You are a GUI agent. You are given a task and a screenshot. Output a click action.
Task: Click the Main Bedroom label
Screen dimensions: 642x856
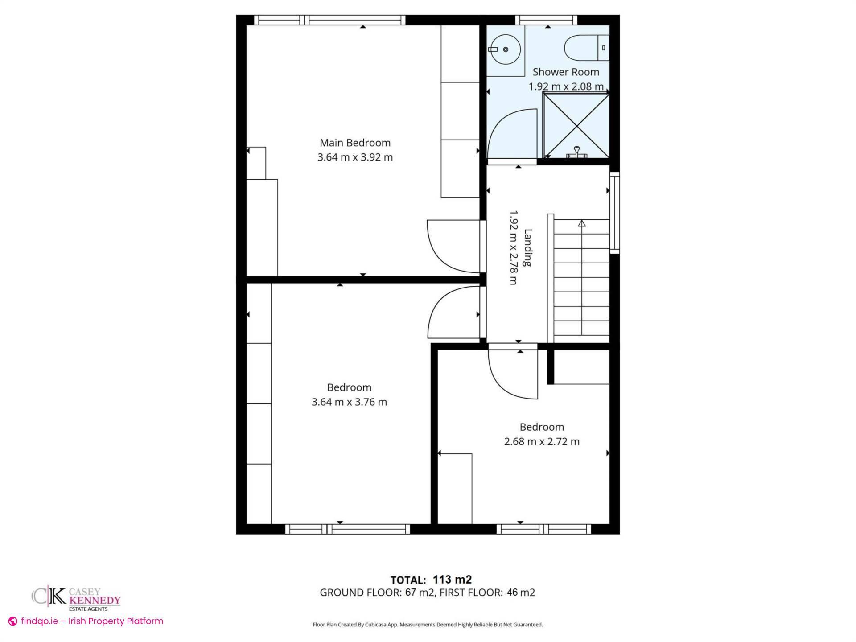click(355, 143)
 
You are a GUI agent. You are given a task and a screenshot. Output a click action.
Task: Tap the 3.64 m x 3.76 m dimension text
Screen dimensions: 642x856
click(349, 402)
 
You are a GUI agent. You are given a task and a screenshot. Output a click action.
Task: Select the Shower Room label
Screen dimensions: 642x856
click(566, 72)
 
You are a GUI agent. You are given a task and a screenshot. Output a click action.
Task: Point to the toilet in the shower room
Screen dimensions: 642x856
click(584, 48)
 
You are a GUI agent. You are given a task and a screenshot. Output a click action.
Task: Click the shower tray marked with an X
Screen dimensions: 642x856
click(576, 126)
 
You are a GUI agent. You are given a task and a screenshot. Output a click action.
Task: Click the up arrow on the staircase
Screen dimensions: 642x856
click(582, 223)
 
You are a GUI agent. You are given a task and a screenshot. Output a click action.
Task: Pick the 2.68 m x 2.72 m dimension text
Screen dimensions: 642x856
click(542, 442)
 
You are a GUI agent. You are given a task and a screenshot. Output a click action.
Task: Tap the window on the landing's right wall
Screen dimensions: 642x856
click(614, 213)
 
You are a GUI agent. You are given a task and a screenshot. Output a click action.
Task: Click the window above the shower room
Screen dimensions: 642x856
click(546, 20)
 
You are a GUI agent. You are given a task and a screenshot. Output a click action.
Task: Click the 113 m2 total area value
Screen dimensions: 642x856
click(452, 580)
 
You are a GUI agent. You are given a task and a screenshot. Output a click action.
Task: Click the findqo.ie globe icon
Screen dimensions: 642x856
click(13, 621)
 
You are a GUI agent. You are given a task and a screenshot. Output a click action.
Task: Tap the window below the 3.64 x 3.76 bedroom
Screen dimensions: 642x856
click(347, 529)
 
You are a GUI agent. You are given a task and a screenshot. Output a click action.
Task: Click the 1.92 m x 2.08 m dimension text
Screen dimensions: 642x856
click(566, 86)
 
